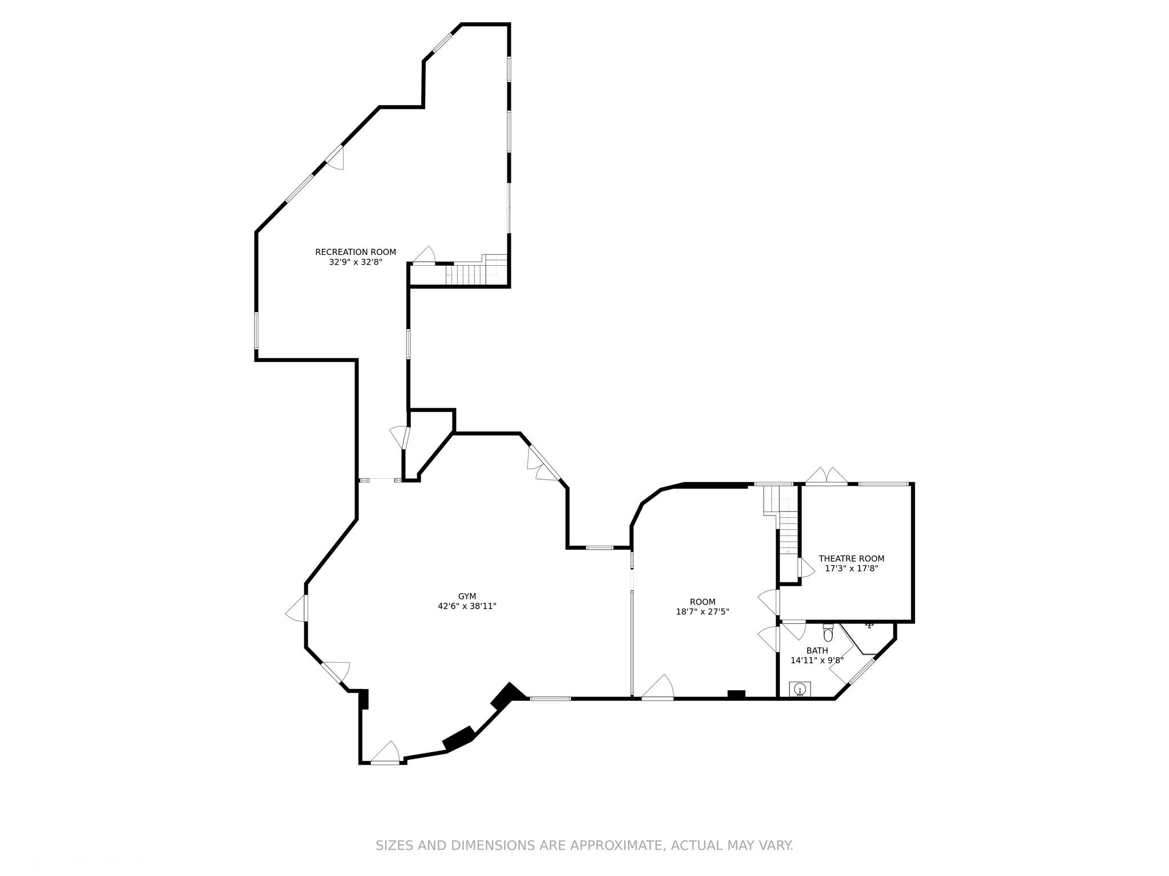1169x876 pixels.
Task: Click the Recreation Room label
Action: point(356,252)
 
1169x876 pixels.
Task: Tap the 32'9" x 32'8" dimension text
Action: point(355,262)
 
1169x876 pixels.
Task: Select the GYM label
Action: point(467,597)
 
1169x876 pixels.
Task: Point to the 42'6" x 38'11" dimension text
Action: point(467,607)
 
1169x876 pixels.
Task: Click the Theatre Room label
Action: point(852,559)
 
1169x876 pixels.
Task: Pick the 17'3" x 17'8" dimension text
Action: point(852,569)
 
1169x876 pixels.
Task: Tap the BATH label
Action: point(817,651)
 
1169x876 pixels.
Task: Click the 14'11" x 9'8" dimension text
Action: point(817,661)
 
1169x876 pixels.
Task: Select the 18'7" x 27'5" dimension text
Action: point(703,612)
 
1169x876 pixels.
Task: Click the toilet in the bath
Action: point(828,633)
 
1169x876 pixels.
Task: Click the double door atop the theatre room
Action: point(827,477)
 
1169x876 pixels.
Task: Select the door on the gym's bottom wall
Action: point(385,752)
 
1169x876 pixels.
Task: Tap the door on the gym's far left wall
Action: point(296,608)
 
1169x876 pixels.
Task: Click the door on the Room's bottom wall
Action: point(658,687)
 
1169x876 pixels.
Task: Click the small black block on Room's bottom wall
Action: point(736,694)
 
